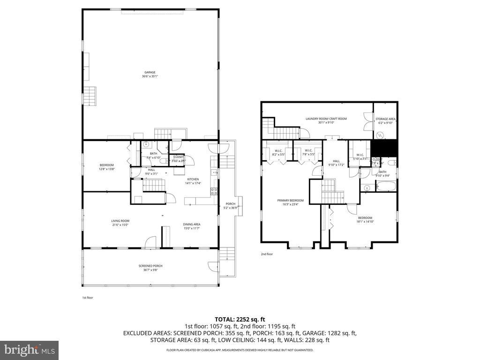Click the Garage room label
pyautogui.click(x=150, y=72)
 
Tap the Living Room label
pyautogui.click(x=120, y=221)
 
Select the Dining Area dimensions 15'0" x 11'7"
pyautogui.click(x=191, y=228)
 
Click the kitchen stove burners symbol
pyautogui.click(x=214, y=191)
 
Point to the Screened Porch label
pyautogui.click(x=150, y=266)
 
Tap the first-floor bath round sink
pyautogui.click(x=146, y=145)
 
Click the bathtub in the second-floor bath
pyautogui.click(x=385, y=188)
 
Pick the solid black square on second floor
pyautogui.click(x=384, y=149)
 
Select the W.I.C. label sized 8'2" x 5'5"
pyautogui.click(x=278, y=150)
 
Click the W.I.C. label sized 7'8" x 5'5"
pyautogui.click(x=308, y=150)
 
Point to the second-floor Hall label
pyautogui.click(x=336, y=161)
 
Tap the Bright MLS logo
pyautogui.click(x=29, y=350)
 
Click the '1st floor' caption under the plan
pyautogui.click(x=87, y=297)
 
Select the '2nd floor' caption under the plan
pyautogui.click(x=267, y=254)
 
